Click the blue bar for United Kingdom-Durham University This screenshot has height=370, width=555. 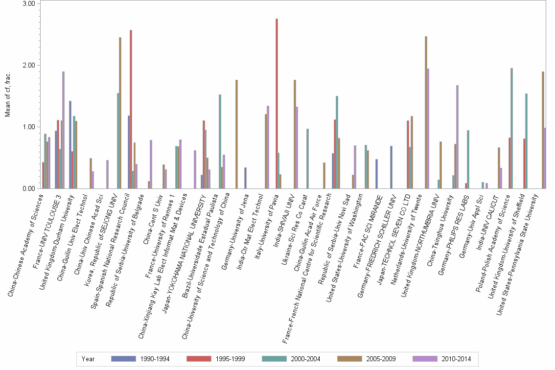click(70, 145)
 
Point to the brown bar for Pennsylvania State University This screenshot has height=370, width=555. click(543, 130)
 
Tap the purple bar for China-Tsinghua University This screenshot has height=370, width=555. click(457, 137)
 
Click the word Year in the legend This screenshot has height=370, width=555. click(88, 359)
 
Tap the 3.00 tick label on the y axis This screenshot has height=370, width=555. click(29, 4)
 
